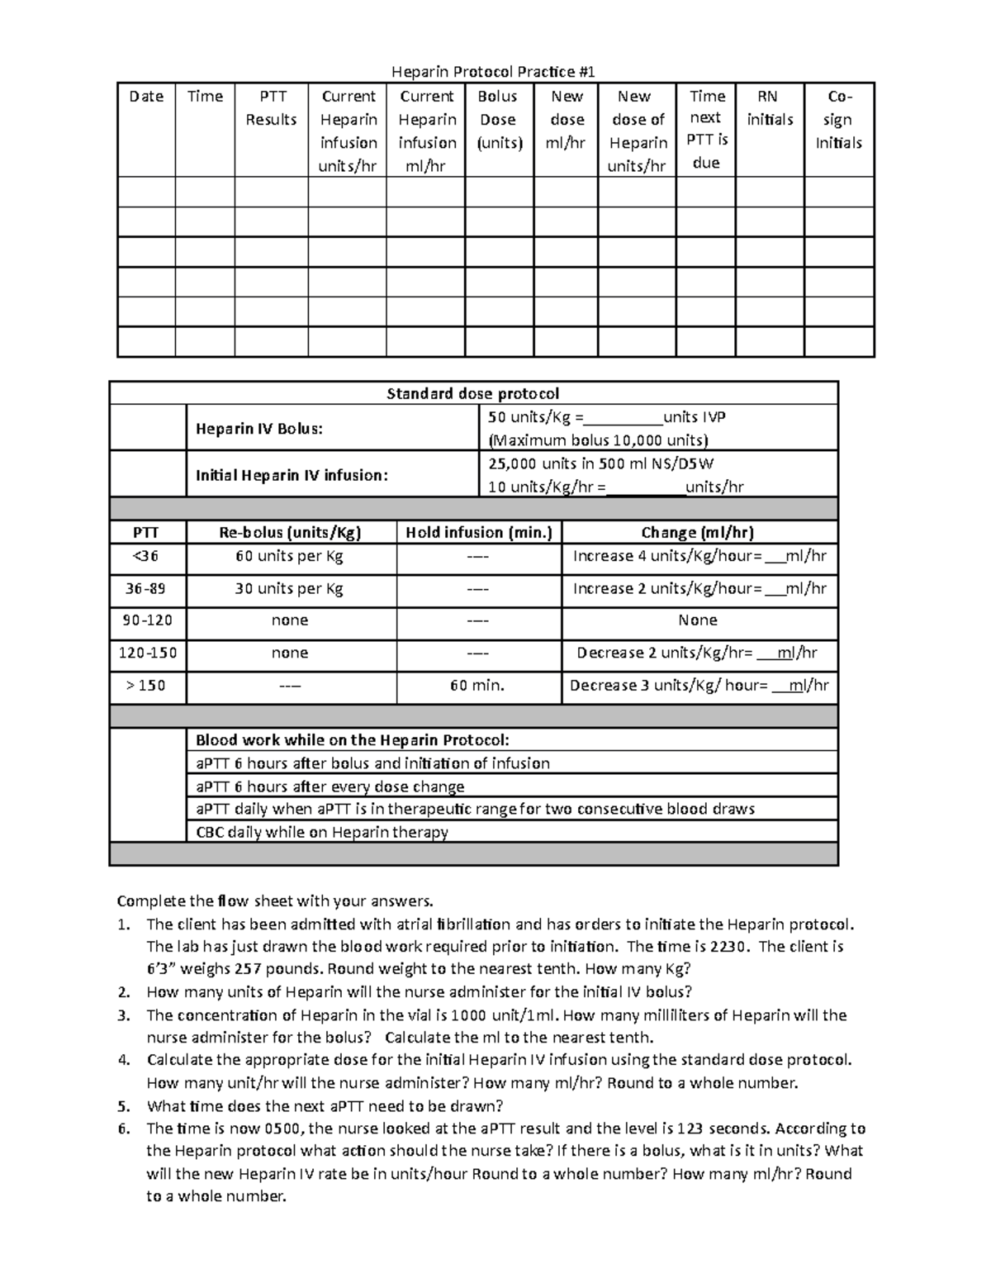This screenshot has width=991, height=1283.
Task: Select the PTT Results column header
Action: (x=271, y=108)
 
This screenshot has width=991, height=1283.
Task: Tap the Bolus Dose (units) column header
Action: (x=498, y=120)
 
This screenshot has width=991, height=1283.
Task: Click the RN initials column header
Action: (x=769, y=108)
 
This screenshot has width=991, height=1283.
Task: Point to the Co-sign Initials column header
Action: (x=838, y=120)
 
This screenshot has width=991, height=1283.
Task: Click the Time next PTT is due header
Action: (x=706, y=130)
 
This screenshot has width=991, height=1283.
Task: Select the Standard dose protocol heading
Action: (x=473, y=393)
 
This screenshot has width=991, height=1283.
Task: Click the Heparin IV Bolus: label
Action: (x=259, y=429)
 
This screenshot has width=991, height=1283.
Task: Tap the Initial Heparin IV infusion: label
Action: (x=292, y=475)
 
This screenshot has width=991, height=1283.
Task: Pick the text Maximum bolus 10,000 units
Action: (x=599, y=440)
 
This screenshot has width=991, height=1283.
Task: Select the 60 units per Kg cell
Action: (x=290, y=556)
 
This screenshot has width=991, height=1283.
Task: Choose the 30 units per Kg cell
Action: (x=290, y=589)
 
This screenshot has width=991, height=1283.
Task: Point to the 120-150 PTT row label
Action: (x=147, y=653)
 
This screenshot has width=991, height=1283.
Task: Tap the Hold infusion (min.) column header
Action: (x=478, y=533)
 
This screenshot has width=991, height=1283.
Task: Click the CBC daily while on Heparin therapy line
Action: (x=322, y=832)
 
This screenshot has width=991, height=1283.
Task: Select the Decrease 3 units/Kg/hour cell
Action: (x=699, y=685)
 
